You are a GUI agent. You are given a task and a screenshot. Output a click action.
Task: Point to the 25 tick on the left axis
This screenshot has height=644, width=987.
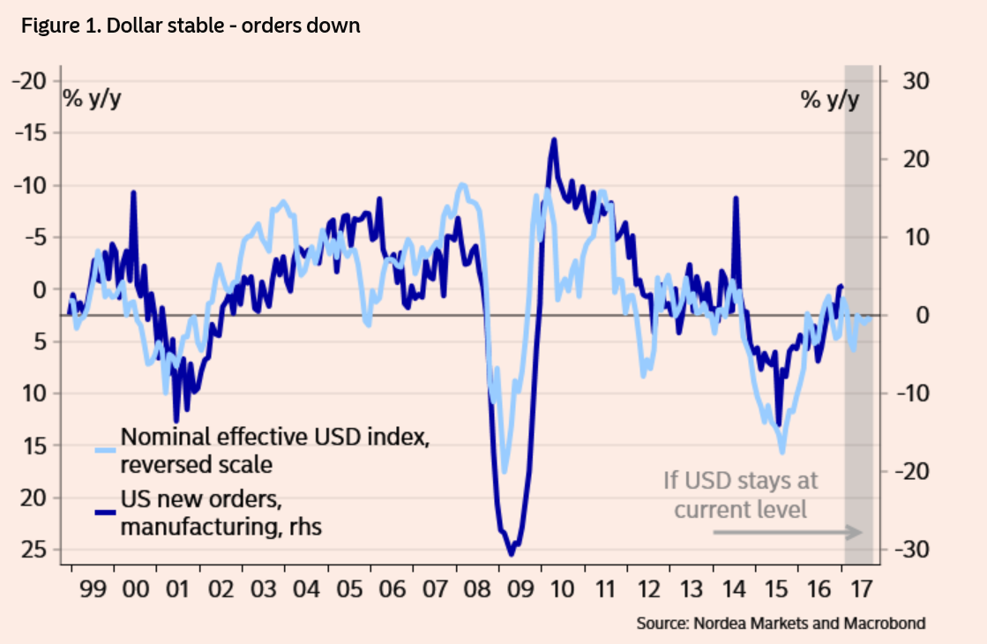[x=35, y=550]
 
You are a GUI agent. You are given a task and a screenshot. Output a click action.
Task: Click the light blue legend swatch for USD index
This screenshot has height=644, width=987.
[x=105, y=449]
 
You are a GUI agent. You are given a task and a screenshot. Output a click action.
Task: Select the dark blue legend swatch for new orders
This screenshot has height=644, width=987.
[x=105, y=513]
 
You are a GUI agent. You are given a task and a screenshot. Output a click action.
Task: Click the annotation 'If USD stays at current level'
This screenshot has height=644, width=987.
[x=740, y=495]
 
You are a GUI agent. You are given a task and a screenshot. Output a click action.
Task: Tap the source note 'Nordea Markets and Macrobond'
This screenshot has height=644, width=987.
[x=781, y=624]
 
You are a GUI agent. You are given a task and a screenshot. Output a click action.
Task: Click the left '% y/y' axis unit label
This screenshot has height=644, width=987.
[x=92, y=99]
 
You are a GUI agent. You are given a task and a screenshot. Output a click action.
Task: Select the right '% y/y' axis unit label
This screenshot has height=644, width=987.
[x=828, y=99]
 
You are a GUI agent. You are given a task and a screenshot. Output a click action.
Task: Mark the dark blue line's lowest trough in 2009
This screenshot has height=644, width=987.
[x=511, y=553]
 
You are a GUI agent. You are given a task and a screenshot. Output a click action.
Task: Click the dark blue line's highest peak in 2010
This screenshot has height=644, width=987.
[x=553, y=139]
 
